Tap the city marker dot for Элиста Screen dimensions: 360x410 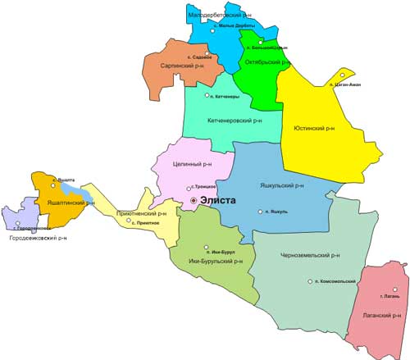[194, 200]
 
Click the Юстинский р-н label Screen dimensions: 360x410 [314, 129]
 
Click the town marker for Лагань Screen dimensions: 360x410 [394, 289]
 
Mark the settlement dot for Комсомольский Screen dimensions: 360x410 [310, 281]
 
